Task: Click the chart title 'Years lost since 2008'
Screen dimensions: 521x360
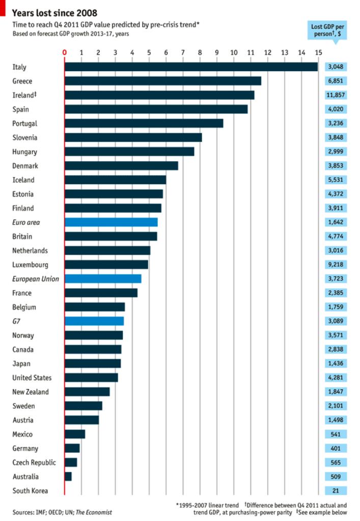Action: [x=54, y=13]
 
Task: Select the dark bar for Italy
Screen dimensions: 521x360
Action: [x=191, y=67]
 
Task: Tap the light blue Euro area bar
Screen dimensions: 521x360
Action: [x=111, y=222]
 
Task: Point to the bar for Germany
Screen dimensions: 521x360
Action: [x=72, y=448]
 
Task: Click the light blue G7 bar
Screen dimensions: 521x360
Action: [x=94, y=321]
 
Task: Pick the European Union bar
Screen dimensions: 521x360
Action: [x=103, y=279]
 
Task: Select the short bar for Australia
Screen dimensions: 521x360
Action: [x=68, y=477]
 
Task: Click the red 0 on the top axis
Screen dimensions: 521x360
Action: [x=65, y=52]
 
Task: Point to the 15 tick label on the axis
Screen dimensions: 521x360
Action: [x=318, y=52]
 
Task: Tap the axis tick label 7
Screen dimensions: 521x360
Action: [x=183, y=52]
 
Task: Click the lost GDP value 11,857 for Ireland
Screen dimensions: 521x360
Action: [x=336, y=95]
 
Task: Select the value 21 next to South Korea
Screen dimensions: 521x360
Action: [x=336, y=491]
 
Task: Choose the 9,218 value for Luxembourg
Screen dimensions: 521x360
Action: [x=336, y=265]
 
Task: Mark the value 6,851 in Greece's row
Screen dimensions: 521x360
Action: [x=336, y=81]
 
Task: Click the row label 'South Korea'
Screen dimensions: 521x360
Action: [x=30, y=491]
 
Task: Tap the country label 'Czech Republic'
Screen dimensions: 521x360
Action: [x=34, y=462]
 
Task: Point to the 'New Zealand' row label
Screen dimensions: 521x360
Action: [x=31, y=392]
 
